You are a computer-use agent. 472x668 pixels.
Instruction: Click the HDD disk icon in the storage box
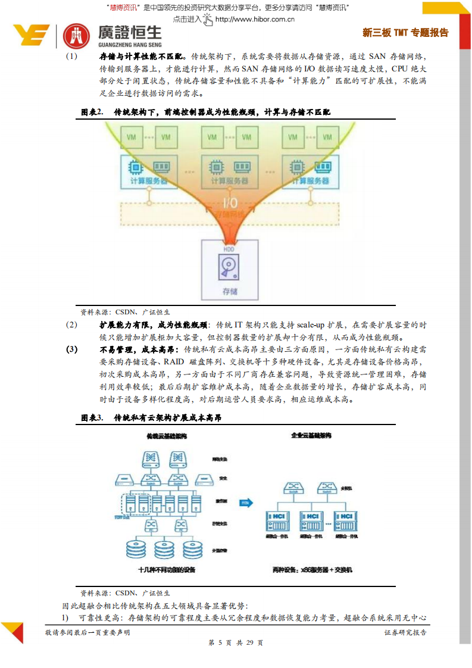tap(229, 266)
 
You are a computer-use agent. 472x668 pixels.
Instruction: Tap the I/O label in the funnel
tap(230, 202)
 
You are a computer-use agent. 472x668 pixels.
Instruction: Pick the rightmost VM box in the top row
tap(327, 137)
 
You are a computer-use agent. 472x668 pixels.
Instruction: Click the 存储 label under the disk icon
tap(229, 291)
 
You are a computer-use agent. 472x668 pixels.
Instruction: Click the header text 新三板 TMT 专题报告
tap(405, 33)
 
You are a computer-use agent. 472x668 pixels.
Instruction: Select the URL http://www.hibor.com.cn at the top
tap(255, 19)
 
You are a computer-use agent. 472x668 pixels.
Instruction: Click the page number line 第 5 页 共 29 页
tap(236, 643)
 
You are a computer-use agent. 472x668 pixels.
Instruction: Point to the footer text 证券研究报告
tap(405, 632)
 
